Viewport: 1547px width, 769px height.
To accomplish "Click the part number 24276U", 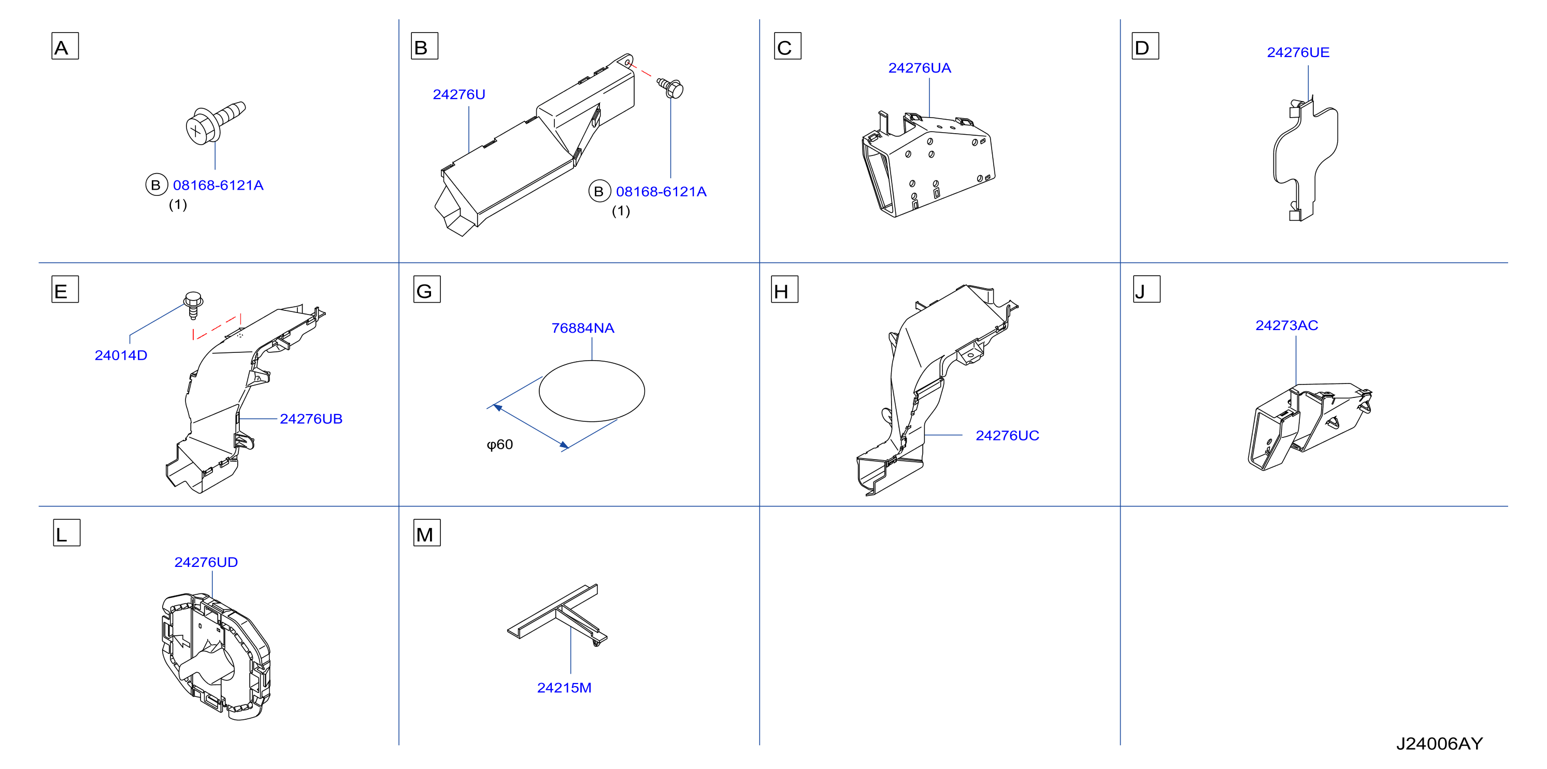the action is pyautogui.click(x=459, y=94).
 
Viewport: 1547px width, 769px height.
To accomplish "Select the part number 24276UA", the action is pyautogui.click(x=920, y=68).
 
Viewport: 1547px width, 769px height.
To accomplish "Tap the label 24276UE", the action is pyautogui.click(x=1298, y=52).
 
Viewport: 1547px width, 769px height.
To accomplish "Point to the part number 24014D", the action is pyautogui.click(x=121, y=355).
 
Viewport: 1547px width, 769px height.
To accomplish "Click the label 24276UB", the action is pyautogui.click(x=311, y=419).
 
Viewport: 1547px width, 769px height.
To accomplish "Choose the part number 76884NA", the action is pyautogui.click(x=582, y=328).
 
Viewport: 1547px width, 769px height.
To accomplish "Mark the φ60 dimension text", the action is pyautogui.click(x=499, y=445).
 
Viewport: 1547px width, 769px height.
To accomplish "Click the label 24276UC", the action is pyautogui.click(x=1007, y=436).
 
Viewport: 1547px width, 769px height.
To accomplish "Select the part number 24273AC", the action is pyautogui.click(x=1286, y=325).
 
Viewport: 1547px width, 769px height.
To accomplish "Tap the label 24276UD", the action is pyautogui.click(x=206, y=562).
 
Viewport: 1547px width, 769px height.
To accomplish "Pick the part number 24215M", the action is pyautogui.click(x=564, y=687).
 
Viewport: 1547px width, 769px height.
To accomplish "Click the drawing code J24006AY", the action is pyautogui.click(x=1439, y=744).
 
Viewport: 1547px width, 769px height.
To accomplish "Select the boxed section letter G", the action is pyautogui.click(x=427, y=289).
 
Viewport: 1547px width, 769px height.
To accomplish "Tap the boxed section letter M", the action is pyautogui.click(x=427, y=533).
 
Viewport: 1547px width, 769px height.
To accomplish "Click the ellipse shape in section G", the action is pyautogui.click(x=592, y=391).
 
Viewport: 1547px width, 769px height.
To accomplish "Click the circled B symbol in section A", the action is pyautogui.click(x=156, y=184).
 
